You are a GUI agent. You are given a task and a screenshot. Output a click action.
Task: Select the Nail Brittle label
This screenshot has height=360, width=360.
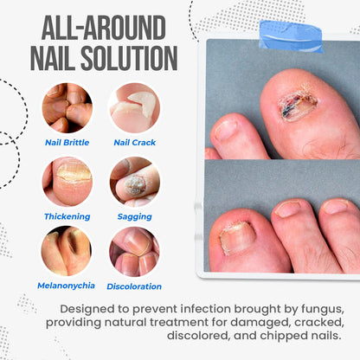[67, 142]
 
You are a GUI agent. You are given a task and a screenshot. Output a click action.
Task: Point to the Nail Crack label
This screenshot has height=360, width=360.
[134, 142]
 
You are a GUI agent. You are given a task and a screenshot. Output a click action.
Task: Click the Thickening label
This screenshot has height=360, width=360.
[67, 215]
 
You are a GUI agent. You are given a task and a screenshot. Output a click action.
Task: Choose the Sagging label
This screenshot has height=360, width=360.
[134, 215]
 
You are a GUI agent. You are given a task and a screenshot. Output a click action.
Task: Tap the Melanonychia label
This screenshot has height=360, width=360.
[67, 286]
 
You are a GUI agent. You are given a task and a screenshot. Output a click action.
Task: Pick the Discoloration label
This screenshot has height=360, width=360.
[134, 286]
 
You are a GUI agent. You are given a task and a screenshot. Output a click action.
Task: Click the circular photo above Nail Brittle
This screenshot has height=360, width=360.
[67, 107]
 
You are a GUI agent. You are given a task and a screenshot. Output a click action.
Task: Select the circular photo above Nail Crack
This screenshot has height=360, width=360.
[134, 107]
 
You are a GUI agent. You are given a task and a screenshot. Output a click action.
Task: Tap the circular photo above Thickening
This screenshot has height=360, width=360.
[67, 180]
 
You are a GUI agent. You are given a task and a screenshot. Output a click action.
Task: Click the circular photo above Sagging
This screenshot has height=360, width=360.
[134, 180]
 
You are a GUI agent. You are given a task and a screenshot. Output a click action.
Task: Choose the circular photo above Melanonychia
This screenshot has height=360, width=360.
[67, 251]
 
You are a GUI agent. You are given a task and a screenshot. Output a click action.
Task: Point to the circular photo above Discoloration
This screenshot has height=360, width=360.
[134, 251]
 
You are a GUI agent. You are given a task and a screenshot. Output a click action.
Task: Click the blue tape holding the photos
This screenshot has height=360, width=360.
[290, 37]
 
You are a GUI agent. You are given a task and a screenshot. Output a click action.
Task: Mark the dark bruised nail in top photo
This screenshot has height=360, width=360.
[297, 105]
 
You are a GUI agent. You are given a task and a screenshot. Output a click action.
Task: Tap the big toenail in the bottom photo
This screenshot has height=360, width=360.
[235, 236]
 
